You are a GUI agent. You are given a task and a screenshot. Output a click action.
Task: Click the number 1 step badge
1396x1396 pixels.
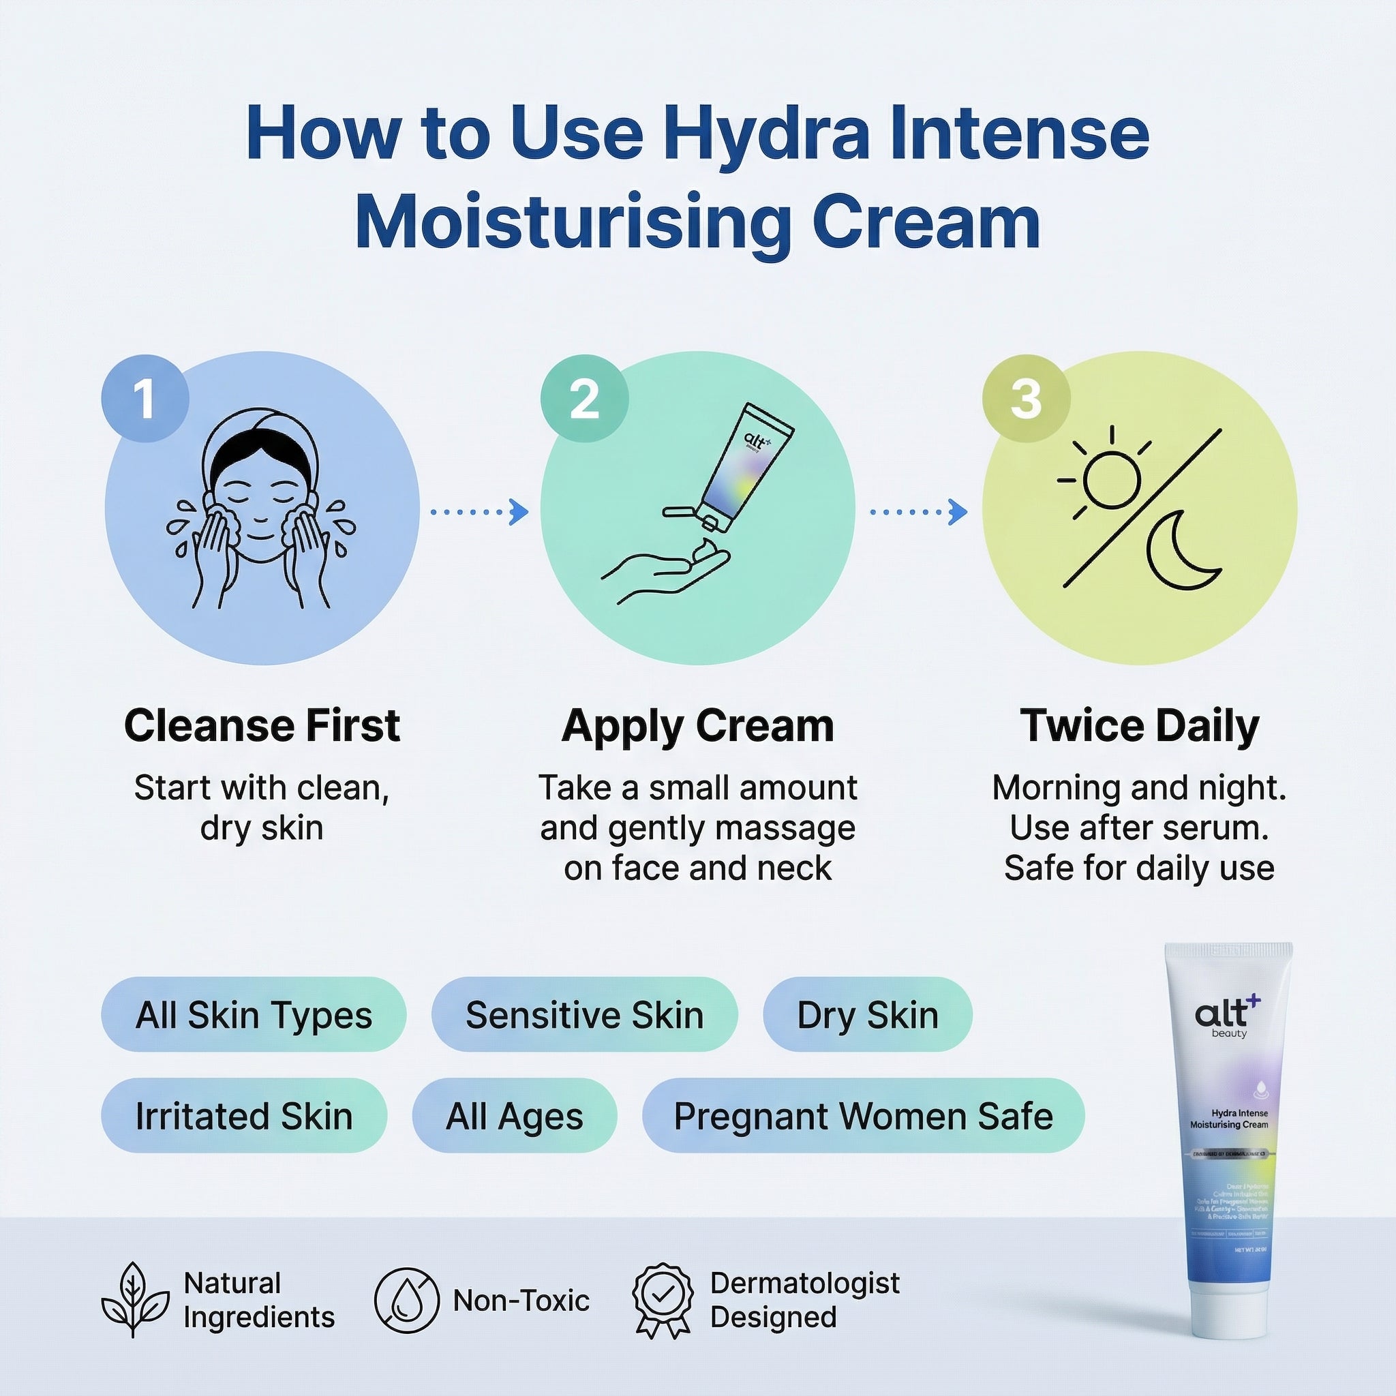point(145,398)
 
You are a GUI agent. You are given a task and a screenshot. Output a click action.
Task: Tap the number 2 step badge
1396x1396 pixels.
point(584,398)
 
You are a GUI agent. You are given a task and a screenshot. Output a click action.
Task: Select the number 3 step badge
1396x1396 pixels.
point(1025,398)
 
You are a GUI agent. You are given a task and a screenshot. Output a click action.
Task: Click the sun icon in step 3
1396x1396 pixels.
point(1110,479)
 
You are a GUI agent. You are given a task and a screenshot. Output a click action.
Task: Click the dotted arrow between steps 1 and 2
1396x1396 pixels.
point(480,512)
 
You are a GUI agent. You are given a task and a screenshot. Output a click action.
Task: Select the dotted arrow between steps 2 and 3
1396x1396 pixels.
point(918,512)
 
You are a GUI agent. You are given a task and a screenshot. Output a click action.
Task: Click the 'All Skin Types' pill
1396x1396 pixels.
point(254,1014)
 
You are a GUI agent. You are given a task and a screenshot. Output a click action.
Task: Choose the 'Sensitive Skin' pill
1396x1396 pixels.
point(584,1014)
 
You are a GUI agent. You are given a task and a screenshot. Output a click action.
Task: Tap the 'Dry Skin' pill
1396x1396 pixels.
point(867,1014)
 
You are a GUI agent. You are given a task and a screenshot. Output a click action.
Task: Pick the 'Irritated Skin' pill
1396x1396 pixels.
point(243,1116)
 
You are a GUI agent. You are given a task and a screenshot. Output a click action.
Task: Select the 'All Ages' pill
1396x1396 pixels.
point(514,1116)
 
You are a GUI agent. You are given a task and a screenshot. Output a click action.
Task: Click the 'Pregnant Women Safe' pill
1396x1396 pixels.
point(863,1116)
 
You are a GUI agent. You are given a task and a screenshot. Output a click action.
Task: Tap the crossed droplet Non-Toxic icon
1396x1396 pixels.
point(406,1300)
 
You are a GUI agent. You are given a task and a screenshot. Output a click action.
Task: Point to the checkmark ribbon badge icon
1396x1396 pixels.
point(662,1300)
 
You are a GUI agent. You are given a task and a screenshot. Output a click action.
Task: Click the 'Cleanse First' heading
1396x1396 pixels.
point(262,725)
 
